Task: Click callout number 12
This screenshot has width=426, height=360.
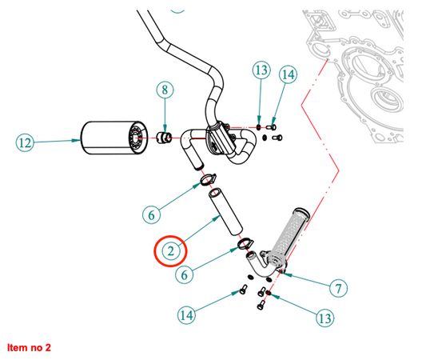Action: tap(25, 142)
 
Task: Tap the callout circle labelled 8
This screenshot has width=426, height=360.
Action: tap(165, 90)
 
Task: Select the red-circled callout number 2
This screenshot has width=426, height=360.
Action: tap(170, 251)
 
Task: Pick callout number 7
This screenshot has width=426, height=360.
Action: tap(338, 288)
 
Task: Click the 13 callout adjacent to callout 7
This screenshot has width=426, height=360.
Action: tap(325, 318)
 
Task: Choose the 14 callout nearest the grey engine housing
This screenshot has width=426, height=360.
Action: tap(288, 74)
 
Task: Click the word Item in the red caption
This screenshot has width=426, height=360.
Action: tap(15, 347)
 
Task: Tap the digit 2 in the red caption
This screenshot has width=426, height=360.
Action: tap(47, 347)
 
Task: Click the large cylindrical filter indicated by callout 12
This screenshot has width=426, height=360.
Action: tap(114, 138)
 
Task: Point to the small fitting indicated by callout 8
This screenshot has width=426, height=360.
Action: tap(165, 137)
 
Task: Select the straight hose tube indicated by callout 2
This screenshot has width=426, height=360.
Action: tap(225, 211)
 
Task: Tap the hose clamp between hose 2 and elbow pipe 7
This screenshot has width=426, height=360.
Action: tap(245, 243)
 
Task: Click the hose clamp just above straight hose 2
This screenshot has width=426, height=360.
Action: tap(208, 178)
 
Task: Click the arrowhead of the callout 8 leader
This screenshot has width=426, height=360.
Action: tap(165, 129)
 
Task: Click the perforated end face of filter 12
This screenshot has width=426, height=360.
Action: tap(138, 138)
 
